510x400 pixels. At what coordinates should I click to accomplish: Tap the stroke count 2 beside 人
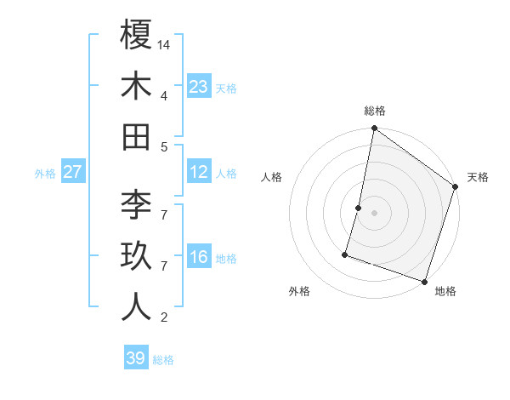click(163, 318)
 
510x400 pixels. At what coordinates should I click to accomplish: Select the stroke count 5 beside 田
click(163, 146)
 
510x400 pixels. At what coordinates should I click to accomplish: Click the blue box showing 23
click(198, 86)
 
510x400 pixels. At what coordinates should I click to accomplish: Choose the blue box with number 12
click(198, 172)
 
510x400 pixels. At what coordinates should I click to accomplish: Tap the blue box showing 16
click(198, 258)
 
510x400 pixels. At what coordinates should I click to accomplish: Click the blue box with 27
click(73, 172)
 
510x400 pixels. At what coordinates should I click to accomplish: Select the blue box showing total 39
click(136, 358)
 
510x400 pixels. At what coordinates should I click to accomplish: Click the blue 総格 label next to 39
click(163, 360)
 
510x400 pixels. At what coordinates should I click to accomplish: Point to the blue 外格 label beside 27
click(45, 174)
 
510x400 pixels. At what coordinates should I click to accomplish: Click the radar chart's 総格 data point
click(374, 129)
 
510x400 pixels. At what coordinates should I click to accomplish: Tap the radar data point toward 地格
click(424, 281)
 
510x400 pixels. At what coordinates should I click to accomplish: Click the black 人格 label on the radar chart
click(272, 177)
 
